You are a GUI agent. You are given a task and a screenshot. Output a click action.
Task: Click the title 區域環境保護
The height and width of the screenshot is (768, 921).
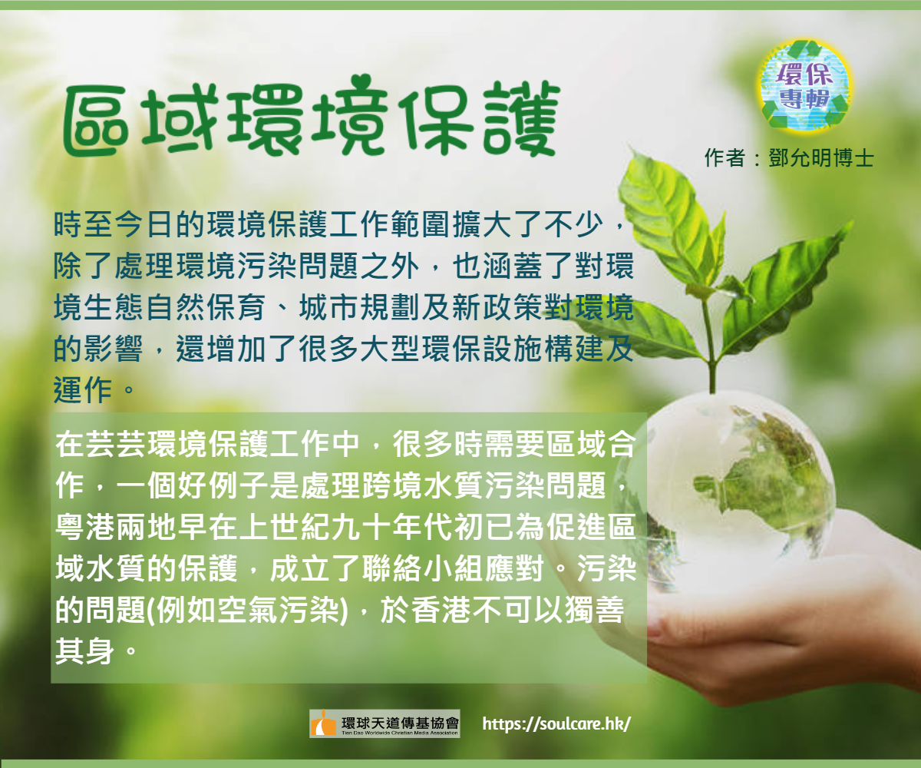coord(312,116)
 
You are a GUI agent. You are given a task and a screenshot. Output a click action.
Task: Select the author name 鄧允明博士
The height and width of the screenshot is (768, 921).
coord(821,157)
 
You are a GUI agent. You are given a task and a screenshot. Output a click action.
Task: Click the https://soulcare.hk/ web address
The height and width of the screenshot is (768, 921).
coord(556,723)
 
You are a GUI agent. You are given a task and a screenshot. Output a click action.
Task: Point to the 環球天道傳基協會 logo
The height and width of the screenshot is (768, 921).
coord(385,723)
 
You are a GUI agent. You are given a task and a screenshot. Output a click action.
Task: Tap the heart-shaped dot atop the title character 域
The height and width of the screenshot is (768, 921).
coord(187,84)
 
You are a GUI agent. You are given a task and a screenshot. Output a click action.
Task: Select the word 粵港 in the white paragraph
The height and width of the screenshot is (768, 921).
coord(85,528)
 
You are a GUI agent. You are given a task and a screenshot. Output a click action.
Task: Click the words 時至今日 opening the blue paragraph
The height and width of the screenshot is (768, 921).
coord(114,224)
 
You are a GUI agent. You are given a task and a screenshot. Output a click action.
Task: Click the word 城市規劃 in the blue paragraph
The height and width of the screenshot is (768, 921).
coord(360,307)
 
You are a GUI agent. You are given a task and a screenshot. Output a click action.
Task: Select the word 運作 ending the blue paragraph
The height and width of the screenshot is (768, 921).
coord(84,390)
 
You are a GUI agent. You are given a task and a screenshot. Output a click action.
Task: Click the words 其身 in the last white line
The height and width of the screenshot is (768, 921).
coord(85,652)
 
